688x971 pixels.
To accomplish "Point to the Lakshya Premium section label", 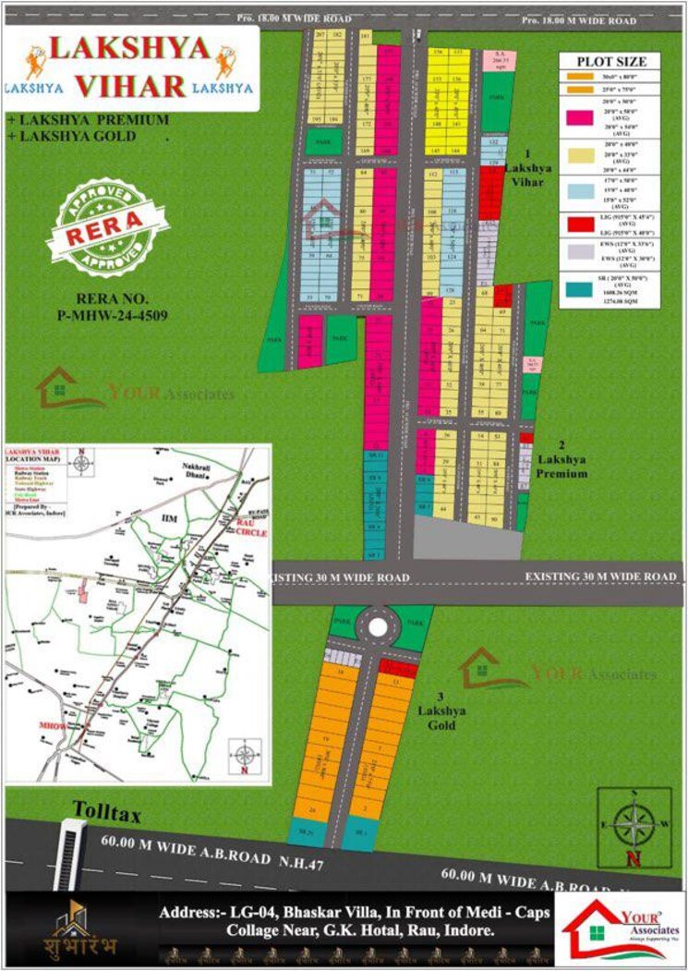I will point(562,465).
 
